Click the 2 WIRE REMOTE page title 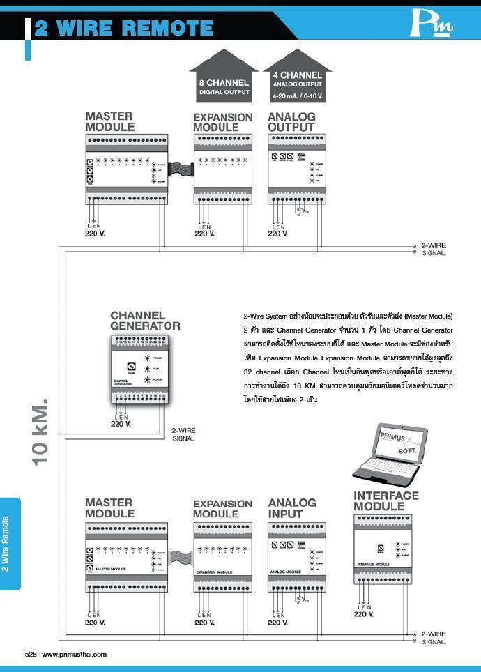point(123,28)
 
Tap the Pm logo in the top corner point(431,25)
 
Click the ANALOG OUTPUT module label point(291,122)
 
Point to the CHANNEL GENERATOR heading point(145,321)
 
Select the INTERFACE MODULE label point(385,501)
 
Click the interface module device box point(385,555)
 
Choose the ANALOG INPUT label point(291,508)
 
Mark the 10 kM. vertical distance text point(40,432)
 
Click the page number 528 point(31,655)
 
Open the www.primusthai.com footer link point(75,655)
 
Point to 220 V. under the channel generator point(121,424)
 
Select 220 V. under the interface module point(364,614)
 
